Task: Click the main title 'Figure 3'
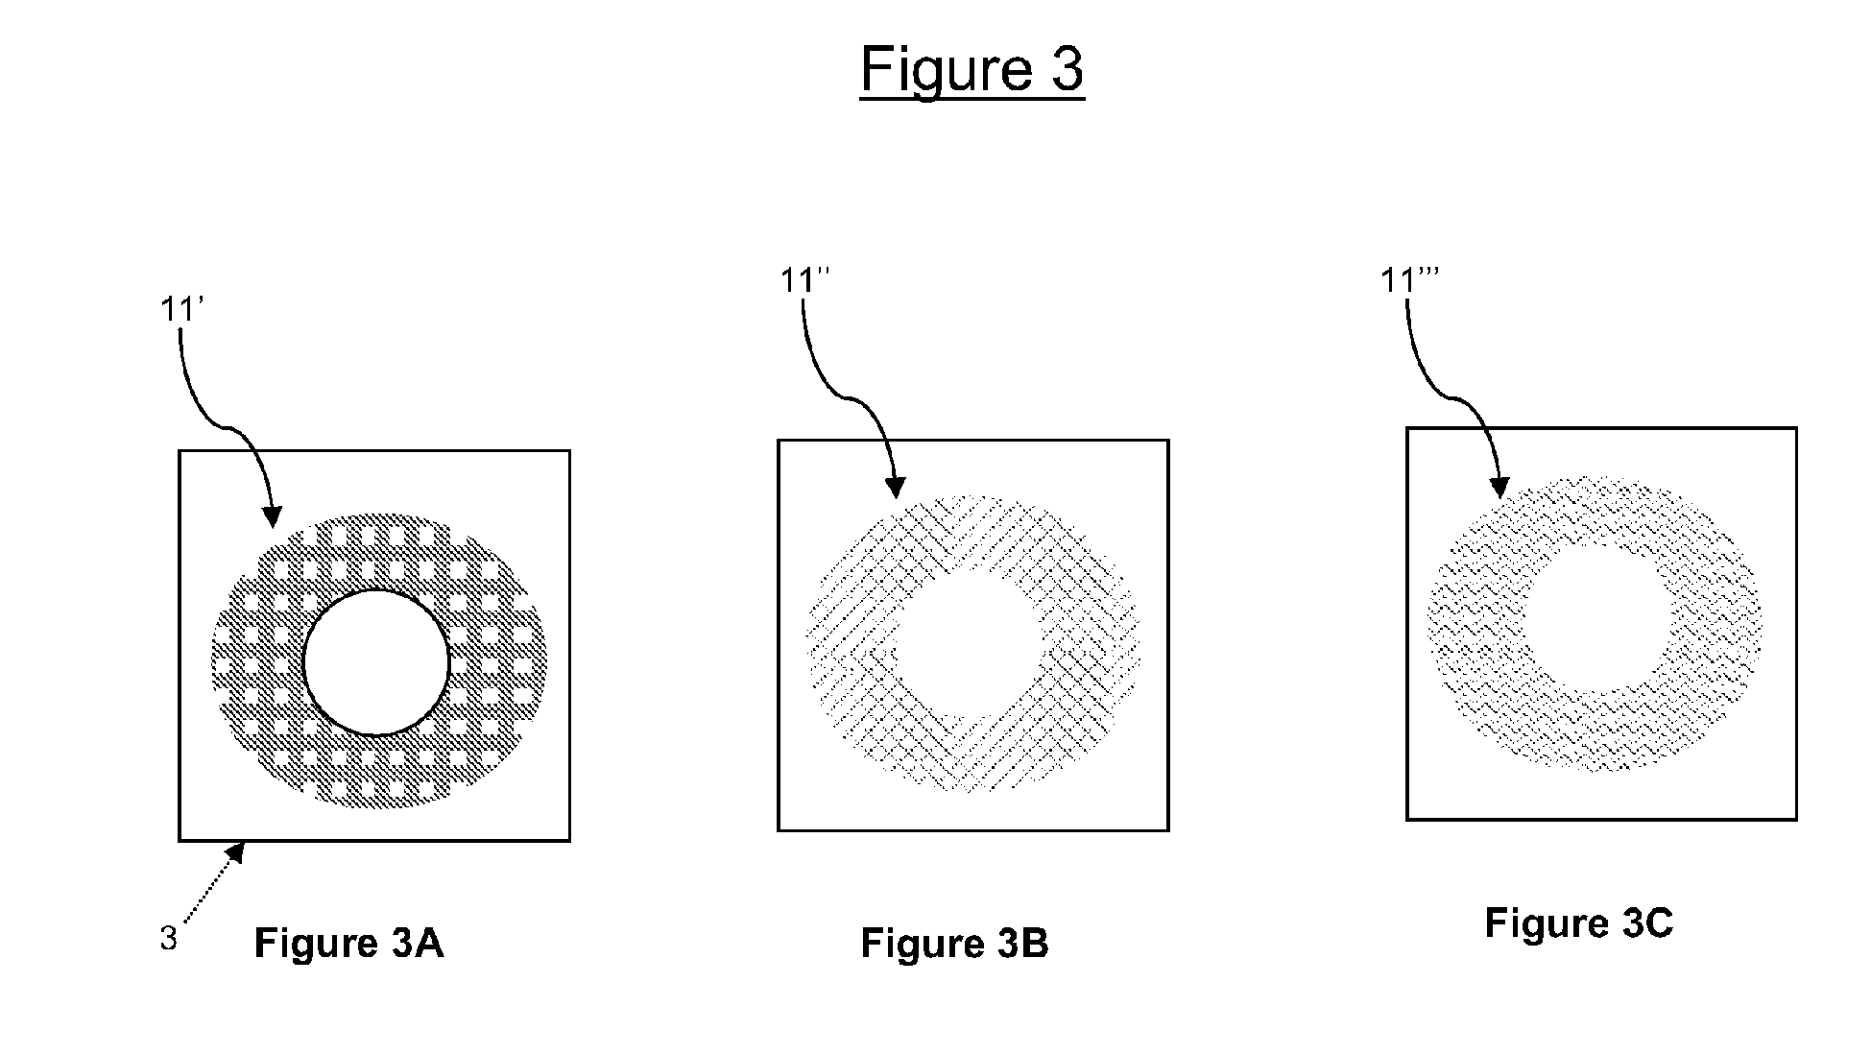[971, 68]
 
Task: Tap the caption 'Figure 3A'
[348, 944]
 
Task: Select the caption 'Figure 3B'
[954, 944]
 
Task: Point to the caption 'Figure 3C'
[1578, 922]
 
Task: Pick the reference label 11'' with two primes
[804, 281]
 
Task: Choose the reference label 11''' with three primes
[1409, 280]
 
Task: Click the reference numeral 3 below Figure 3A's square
[169, 938]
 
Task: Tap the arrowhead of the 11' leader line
[273, 519]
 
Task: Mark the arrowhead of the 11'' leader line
[896, 489]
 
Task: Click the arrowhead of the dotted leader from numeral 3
[236, 850]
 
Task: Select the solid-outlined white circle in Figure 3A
[376, 662]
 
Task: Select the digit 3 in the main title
[1066, 68]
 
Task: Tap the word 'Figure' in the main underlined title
[933, 68]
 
